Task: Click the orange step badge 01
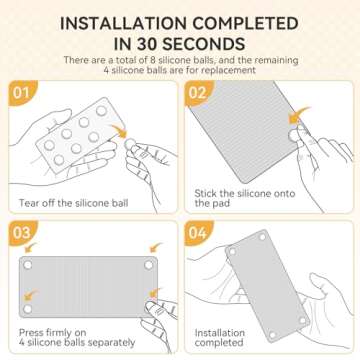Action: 22,93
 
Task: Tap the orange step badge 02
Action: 198,93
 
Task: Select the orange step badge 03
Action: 22,233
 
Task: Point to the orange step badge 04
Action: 198,233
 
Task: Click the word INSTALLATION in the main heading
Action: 123,24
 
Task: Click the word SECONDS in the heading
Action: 203,44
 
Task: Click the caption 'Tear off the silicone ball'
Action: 73,203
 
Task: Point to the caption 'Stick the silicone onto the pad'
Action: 245,198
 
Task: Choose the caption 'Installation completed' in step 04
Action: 220,337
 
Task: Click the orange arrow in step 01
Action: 119,131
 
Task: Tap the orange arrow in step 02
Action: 299,115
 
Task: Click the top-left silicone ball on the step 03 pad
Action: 28,265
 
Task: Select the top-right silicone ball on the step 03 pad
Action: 149,265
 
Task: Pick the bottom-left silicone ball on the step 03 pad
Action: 28,309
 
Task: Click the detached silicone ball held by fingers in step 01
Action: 129,144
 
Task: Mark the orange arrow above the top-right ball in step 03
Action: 156,247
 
